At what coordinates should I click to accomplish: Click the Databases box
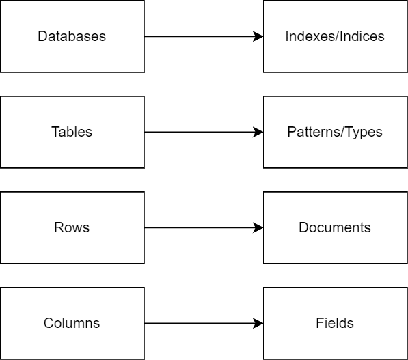pyautogui.click(x=72, y=36)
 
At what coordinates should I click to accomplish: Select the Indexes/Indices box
pyautogui.click(x=336, y=36)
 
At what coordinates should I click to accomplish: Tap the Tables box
pyautogui.click(x=72, y=132)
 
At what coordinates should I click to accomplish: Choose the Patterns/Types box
pyautogui.click(x=336, y=132)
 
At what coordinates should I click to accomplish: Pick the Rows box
pyautogui.click(x=72, y=228)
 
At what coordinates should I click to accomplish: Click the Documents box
pyautogui.click(x=336, y=228)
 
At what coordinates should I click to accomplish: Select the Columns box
pyautogui.click(x=72, y=324)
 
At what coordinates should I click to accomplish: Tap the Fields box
pyautogui.click(x=336, y=324)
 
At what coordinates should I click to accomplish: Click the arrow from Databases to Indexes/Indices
pyautogui.click(x=204, y=36)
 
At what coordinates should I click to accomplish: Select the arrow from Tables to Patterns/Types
pyautogui.click(x=204, y=132)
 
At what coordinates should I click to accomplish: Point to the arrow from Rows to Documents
pyautogui.click(x=204, y=228)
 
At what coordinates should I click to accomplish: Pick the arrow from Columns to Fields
pyautogui.click(x=204, y=324)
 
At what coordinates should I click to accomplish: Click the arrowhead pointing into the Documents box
pyautogui.click(x=258, y=228)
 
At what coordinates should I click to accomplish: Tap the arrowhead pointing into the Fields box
pyautogui.click(x=258, y=324)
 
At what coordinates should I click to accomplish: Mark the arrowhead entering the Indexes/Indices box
pyautogui.click(x=258, y=36)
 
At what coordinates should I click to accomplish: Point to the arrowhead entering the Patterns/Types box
pyautogui.click(x=258, y=132)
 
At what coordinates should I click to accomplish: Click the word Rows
pyautogui.click(x=72, y=227)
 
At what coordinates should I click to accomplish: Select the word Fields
pyautogui.click(x=335, y=323)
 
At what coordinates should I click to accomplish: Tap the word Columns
pyautogui.click(x=72, y=323)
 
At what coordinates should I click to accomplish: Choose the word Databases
pyautogui.click(x=72, y=36)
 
